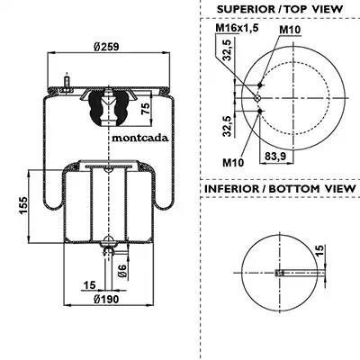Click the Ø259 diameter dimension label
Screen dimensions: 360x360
(106, 47)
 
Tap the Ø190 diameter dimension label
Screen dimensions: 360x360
(106, 299)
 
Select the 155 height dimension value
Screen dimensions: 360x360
(23, 206)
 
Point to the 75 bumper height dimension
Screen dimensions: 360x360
(146, 108)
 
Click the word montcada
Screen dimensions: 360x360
(140, 138)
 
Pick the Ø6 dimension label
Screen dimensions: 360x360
(122, 271)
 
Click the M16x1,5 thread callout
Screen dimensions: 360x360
(237, 28)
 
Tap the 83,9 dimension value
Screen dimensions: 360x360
(275, 156)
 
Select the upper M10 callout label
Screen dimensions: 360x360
(290, 30)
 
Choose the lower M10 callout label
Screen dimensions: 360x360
(233, 163)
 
